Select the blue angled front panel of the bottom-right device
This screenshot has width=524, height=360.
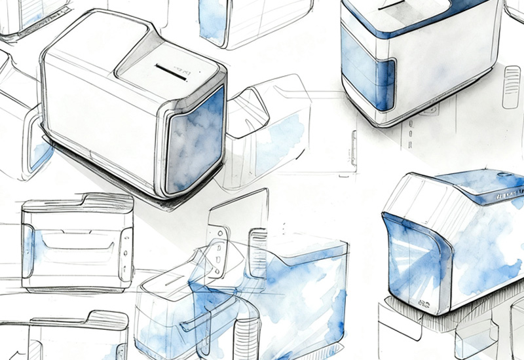pyautogui.click(x=406, y=262)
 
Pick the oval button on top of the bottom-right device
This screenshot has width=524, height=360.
pyautogui.click(x=504, y=175)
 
